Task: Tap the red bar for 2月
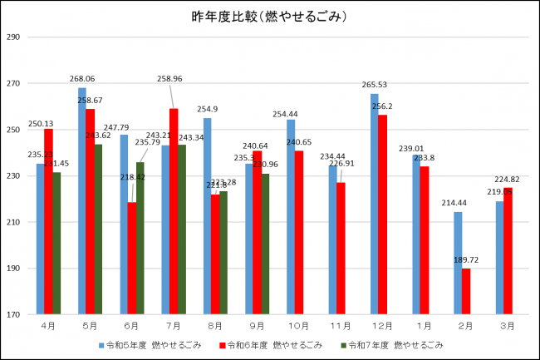coord(466,292)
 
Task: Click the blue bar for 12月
coord(375,205)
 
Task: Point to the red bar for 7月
coord(174,212)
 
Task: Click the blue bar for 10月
coord(290,217)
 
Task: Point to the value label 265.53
coord(376,85)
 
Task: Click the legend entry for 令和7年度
coord(395,344)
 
